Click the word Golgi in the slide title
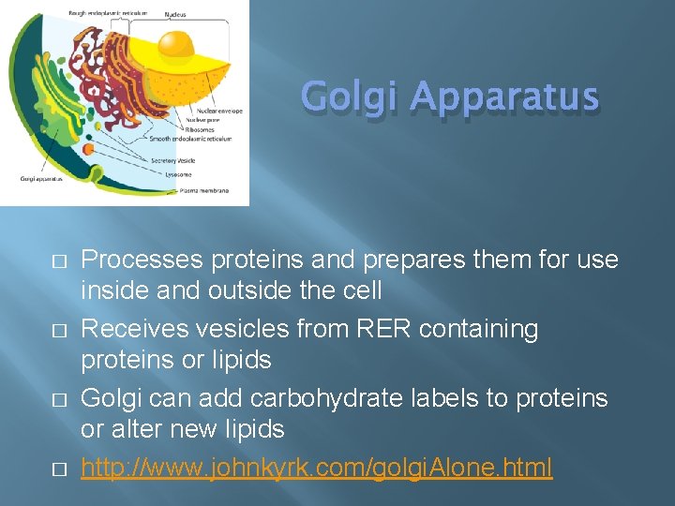click(x=351, y=97)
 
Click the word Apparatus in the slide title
click(x=503, y=97)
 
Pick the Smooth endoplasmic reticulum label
click(x=191, y=139)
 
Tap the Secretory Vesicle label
click(x=173, y=160)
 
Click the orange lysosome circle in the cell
click(x=88, y=148)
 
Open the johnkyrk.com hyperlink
click(x=317, y=467)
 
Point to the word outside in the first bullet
click(x=254, y=290)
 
